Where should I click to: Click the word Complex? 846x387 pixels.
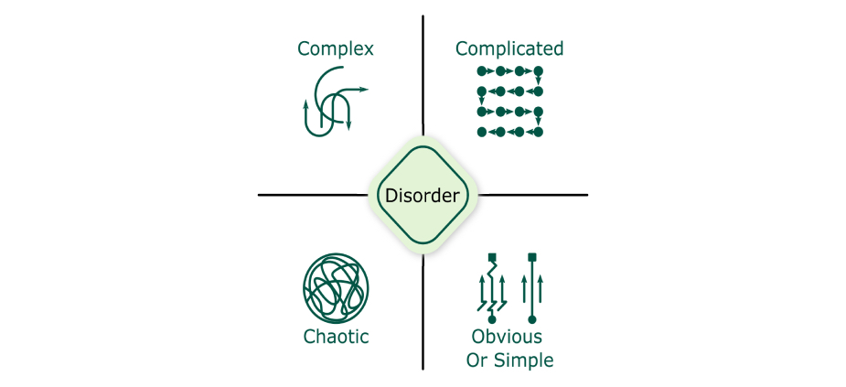pos(335,48)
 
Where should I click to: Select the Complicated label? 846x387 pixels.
pos(509,48)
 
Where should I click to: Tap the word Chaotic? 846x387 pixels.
pos(336,337)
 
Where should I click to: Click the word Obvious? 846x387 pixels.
pos(507,337)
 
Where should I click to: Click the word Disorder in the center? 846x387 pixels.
pos(423,196)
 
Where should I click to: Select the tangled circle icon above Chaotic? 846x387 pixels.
pos(336,286)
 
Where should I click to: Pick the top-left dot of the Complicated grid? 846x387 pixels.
pos(481,70)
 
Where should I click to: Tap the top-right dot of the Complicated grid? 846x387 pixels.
pos(538,70)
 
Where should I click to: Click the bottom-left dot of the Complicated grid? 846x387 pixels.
pos(481,133)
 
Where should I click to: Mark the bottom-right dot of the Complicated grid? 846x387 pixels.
pos(538,133)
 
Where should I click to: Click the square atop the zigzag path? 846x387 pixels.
pos(492,256)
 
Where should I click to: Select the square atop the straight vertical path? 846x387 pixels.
pos(531,256)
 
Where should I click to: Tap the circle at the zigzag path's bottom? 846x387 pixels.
pos(492,321)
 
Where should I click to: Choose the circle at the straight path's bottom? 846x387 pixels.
pos(531,321)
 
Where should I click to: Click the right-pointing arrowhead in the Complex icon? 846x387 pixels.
pos(364,90)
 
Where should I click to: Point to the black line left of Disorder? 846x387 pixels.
pos(311,195)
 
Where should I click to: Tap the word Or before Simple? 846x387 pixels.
pos(478,360)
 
